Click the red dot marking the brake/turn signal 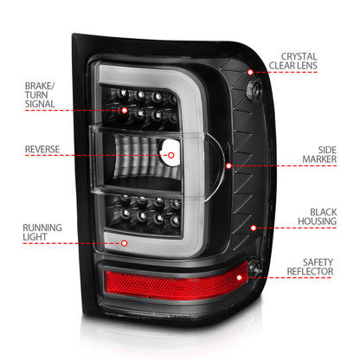(x=125, y=112)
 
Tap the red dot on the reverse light (x=170, y=156)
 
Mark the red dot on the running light (x=124, y=243)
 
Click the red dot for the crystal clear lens (x=250, y=74)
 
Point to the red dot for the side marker (x=228, y=164)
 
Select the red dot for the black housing (x=253, y=228)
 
